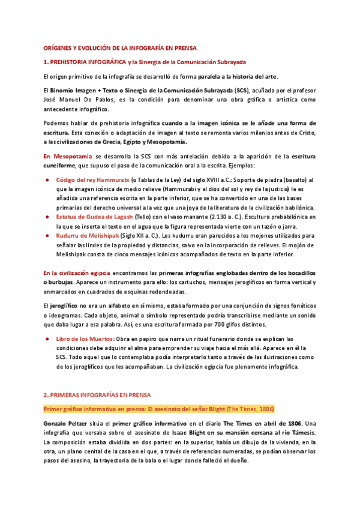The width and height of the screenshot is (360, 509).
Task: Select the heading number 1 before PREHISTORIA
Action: pyautogui.click(x=46, y=62)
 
